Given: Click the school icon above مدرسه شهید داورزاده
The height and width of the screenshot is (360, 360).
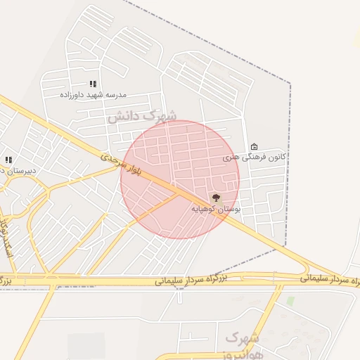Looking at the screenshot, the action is click(x=93, y=84).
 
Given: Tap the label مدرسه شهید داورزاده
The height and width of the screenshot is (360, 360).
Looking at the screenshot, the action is click(x=93, y=94).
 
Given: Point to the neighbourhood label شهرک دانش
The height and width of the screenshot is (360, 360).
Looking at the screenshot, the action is click(x=142, y=116).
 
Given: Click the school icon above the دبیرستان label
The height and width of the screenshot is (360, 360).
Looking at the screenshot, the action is click(x=8, y=160).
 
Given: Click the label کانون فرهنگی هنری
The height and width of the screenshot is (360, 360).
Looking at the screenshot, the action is click(x=255, y=157).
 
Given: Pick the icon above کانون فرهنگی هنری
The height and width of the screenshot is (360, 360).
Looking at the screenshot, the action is click(x=254, y=146).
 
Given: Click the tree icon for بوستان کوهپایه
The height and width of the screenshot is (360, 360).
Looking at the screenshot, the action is click(x=215, y=198).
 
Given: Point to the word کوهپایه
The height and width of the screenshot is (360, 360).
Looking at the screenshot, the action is click(x=205, y=210).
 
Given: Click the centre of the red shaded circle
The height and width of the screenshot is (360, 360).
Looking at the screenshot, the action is click(x=180, y=179).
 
